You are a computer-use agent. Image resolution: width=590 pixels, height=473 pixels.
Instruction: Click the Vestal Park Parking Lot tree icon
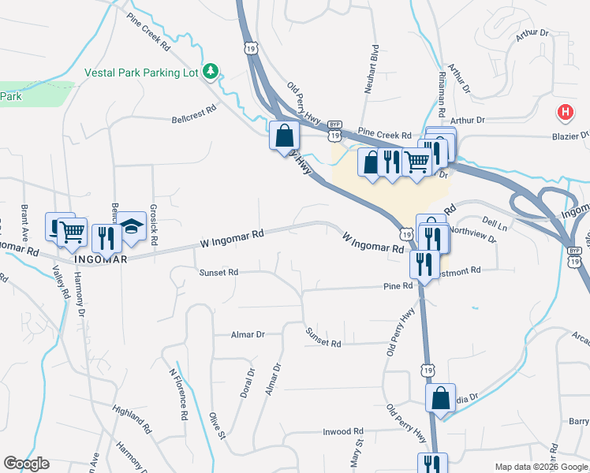pos(211,73)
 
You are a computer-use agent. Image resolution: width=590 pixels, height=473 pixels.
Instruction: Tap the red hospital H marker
pos(565,112)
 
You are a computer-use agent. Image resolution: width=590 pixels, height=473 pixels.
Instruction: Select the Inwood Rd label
pos(343,431)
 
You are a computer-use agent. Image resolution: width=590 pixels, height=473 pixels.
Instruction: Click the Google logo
pos(26,464)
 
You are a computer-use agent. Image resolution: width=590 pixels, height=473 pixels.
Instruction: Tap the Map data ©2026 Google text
pos(541,467)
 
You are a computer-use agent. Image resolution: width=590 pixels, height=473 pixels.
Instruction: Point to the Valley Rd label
pos(60,281)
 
